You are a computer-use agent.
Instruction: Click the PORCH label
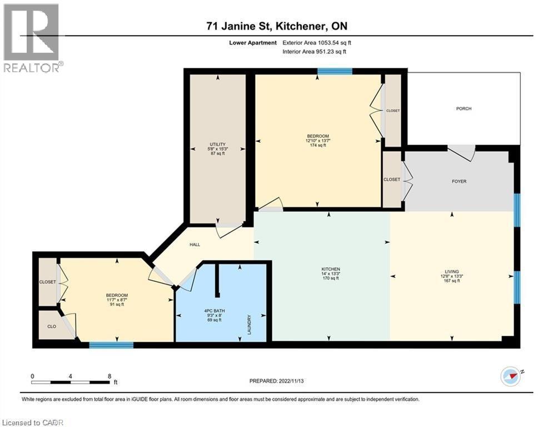[464, 108]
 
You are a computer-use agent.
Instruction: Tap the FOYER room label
[459, 181]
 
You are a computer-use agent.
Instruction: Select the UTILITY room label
[217, 144]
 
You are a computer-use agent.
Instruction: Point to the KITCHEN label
[334, 269]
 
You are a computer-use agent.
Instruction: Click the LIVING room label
[451, 272]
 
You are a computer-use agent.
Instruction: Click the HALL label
[195, 245]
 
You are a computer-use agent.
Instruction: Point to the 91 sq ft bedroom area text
[117, 304]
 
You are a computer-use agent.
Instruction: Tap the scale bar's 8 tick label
[109, 376]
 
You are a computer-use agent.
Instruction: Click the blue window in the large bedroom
[335, 71]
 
